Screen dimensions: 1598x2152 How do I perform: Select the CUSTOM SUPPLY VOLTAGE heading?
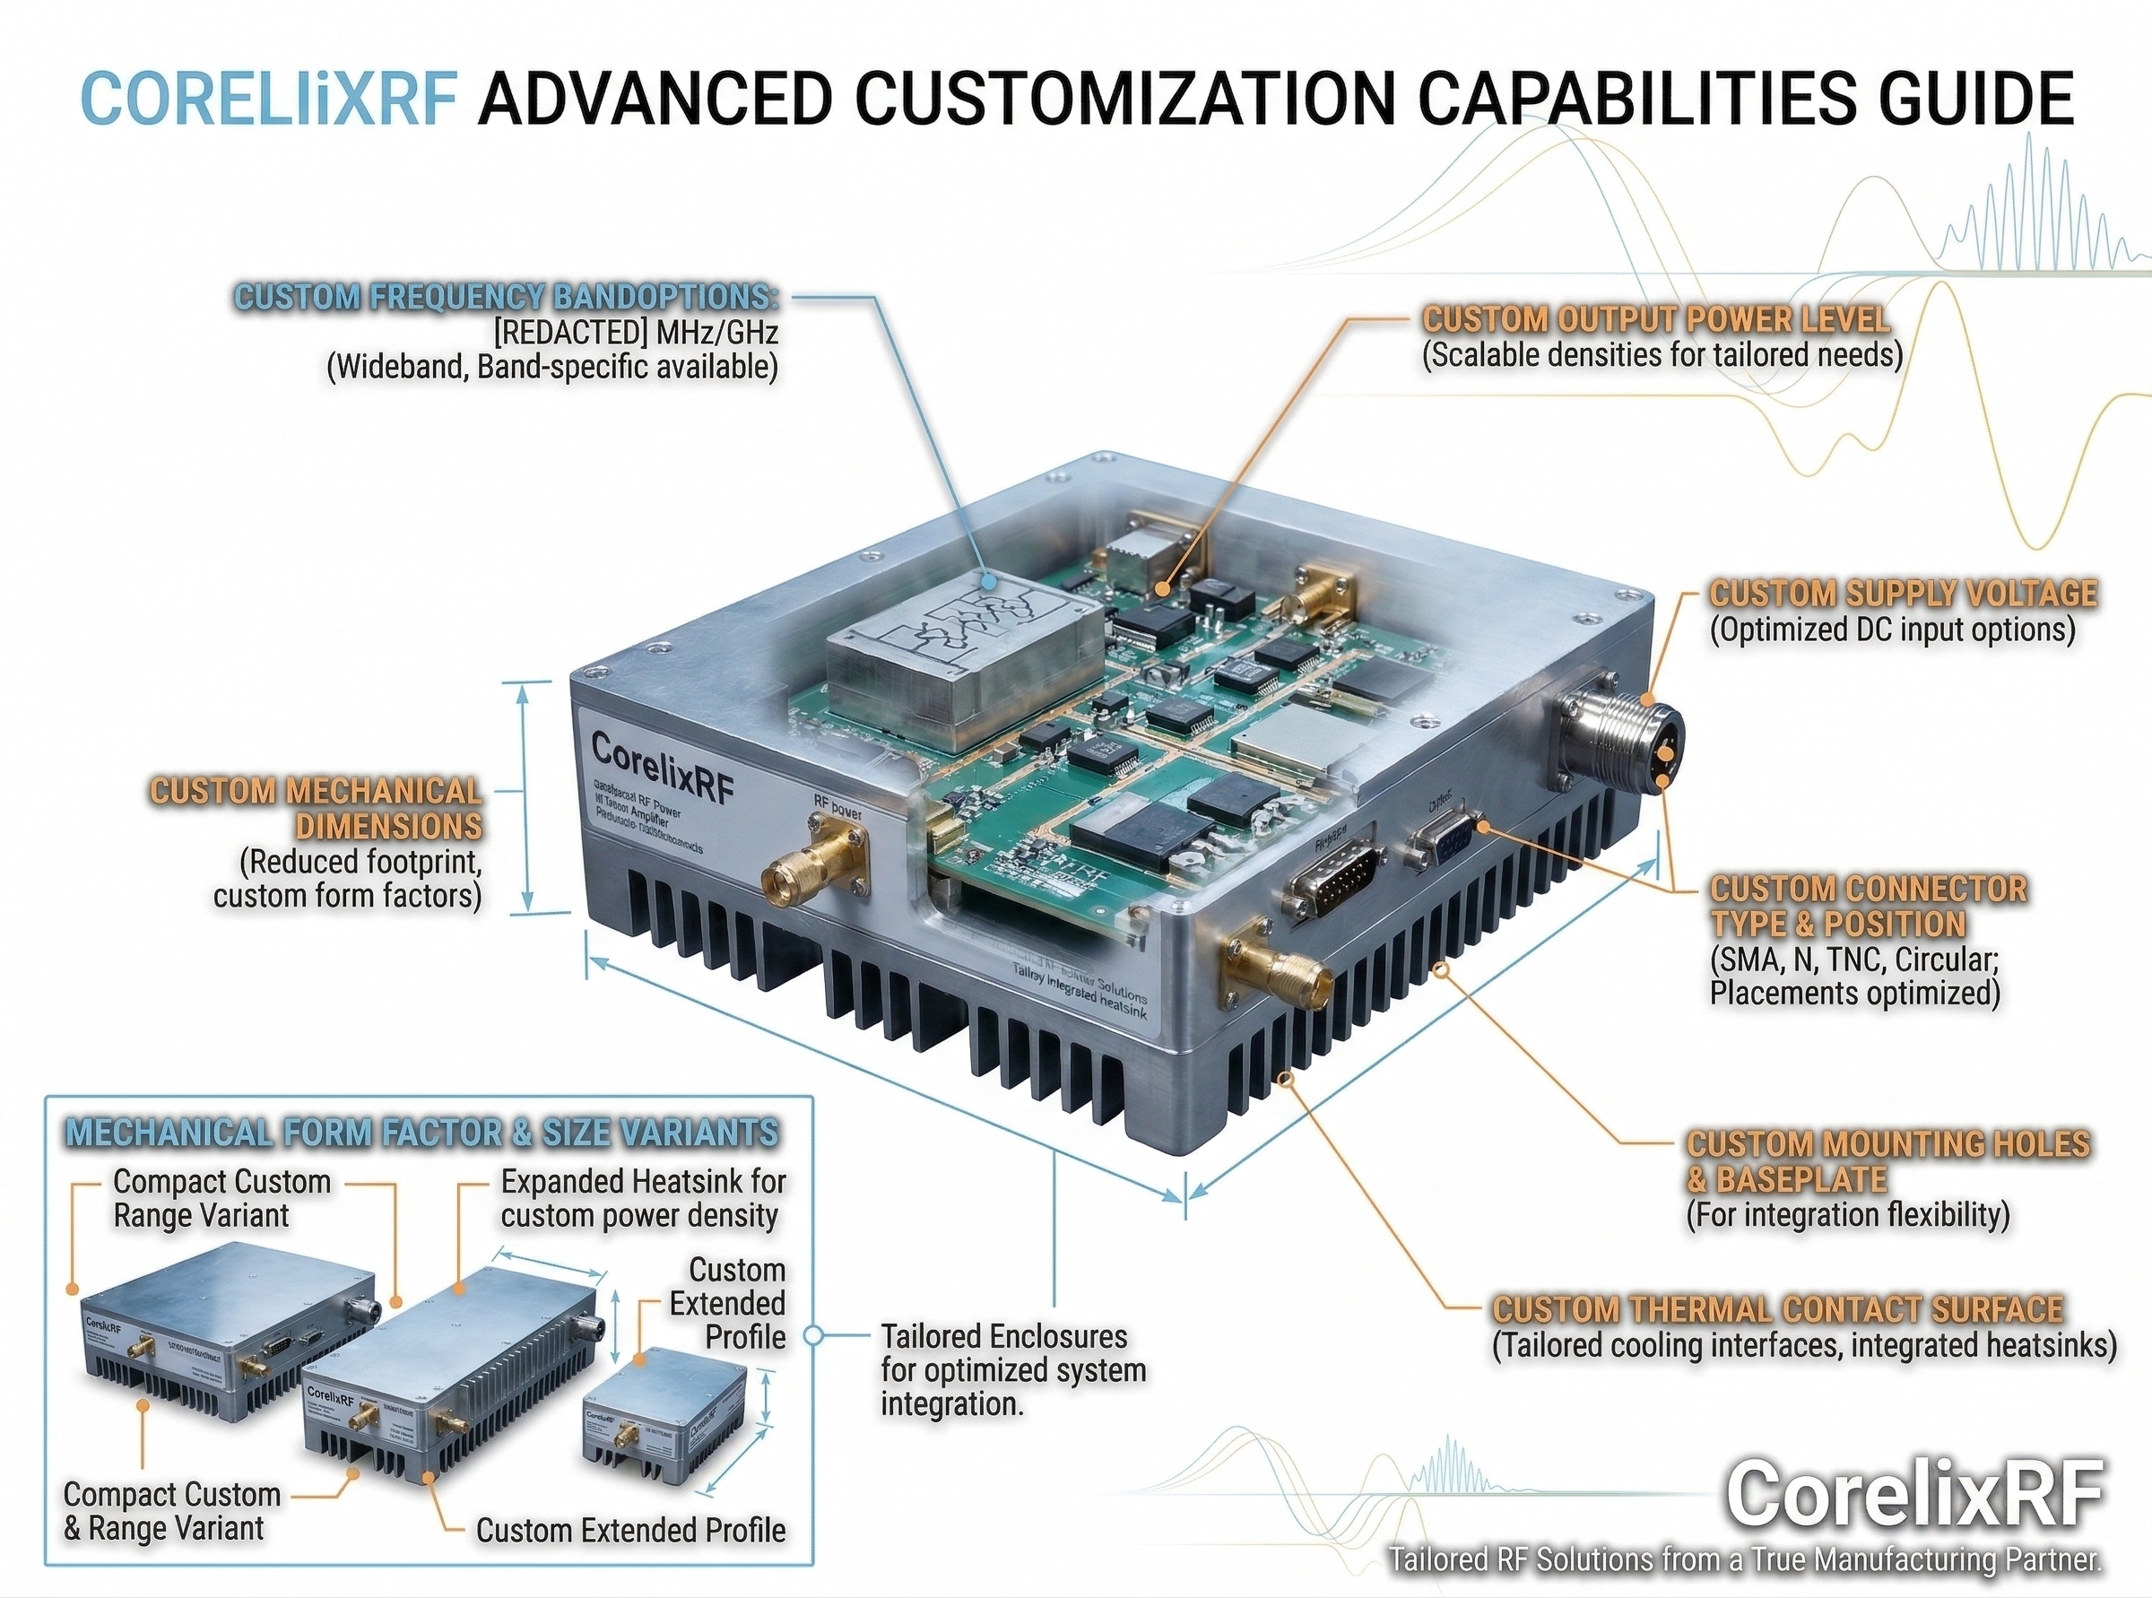pyautogui.click(x=1903, y=593)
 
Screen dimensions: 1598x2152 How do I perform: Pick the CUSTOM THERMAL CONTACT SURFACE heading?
pyautogui.click(x=1778, y=1308)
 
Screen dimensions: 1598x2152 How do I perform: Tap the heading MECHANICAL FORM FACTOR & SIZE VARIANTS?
pyautogui.click(x=421, y=1133)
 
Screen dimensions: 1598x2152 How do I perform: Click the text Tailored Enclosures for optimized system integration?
pyautogui.click(x=1011, y=1369)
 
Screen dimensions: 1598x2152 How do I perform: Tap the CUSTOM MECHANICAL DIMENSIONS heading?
pyautogui.click(x=317, y=809)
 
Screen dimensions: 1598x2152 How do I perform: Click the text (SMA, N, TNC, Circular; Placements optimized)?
pyautogui.click(x=1854, y=976)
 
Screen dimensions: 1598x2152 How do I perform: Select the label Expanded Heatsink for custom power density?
pyautogui.click(x=642, y=1197)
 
